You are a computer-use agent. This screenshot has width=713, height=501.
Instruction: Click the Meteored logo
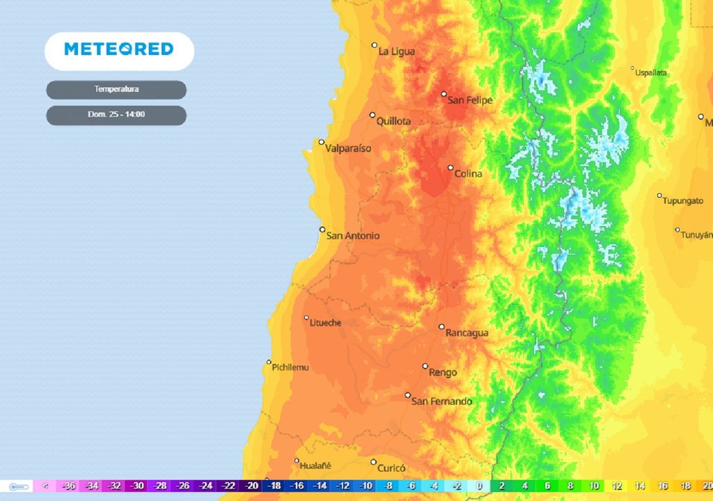click(x=119, y=49)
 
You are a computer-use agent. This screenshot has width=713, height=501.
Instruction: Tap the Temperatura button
click(x=116, y=90)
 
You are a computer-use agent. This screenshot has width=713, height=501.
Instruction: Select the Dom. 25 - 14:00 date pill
click(x=116, y=115)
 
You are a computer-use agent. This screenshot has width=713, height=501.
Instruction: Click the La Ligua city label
click(x=396, y=51)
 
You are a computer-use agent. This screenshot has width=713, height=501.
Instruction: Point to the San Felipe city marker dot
click(x=444, y=94)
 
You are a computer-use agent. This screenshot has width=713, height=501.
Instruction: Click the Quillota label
click(x=393, y=121)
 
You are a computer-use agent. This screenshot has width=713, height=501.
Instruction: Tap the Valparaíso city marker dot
click(x=322, y=142)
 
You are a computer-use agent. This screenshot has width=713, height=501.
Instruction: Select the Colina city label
click(x=468, y=174)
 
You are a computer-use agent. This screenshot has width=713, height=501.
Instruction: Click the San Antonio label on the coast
click(x=353, y=236)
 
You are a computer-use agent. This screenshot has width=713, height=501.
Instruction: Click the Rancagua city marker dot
click(x=441, y=326)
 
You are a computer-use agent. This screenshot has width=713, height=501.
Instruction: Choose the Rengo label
click(x=443, y=373)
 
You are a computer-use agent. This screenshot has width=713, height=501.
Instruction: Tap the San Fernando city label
click(x=441, y=401)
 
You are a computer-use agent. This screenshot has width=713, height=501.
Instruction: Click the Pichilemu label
click(x=290, y=367)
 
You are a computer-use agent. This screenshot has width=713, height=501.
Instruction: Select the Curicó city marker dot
click(x=373, y=462)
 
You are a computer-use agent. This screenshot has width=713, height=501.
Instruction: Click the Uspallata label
click(x=652, y=72)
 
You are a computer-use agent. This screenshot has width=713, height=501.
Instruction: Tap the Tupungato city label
click(x=683, y=201)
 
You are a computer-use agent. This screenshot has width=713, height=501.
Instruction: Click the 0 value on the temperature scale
click(x=479, y=486)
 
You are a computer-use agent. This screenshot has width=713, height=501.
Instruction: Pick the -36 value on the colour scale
click(x=69, y=486)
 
